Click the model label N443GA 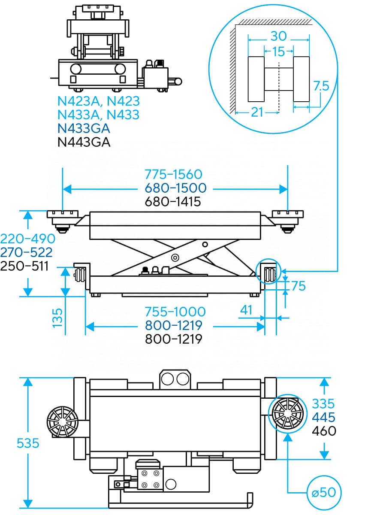[x=84, y=142]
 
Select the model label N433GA [x=84, y=128]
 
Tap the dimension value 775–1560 [x=173, y=174]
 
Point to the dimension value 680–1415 [x=173, y=201]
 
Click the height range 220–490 [x=28, y=238]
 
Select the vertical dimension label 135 [x=57, y=318]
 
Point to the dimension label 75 [x=298, y=285]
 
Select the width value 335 [x=323, y=403]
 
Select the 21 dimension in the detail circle [x=256, y=112]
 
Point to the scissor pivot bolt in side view [x=175, y=257]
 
